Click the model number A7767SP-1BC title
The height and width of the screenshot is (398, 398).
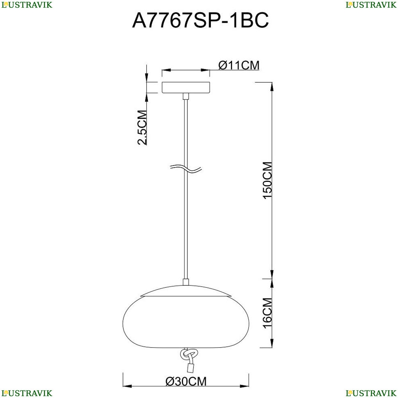200,20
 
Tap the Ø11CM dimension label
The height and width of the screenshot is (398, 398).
239,65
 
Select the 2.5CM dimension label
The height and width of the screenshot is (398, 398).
142,127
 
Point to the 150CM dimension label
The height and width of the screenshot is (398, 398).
267,180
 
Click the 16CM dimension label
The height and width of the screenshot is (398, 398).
267,313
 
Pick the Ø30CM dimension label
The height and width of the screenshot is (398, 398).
186,381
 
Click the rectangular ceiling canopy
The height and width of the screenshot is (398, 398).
186,87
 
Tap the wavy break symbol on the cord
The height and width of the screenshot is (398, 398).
186,168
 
